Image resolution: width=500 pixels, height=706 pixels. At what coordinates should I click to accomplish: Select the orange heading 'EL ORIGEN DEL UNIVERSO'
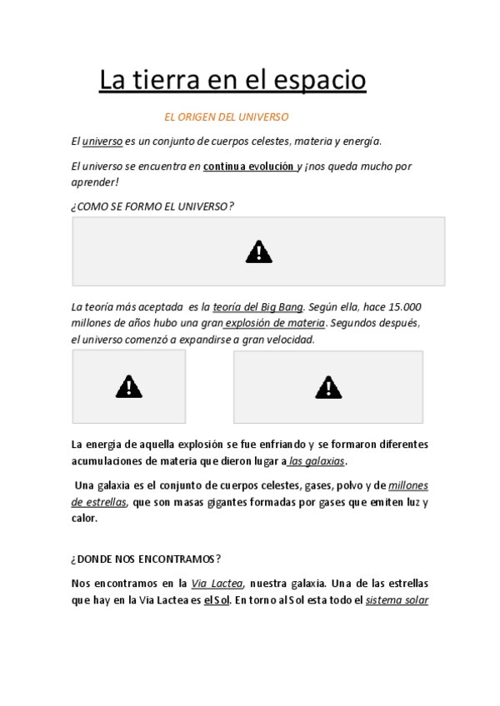[227, 117]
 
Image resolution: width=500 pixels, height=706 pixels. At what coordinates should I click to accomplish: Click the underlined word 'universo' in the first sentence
[102, 141]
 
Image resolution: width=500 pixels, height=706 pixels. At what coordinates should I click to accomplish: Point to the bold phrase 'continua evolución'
[248, 166]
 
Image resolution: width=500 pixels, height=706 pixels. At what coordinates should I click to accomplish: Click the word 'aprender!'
[95, 181]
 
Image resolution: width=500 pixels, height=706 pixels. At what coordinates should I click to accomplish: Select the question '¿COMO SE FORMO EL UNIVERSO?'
[152, 206]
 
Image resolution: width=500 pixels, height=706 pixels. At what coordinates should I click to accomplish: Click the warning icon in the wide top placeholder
[258, 251]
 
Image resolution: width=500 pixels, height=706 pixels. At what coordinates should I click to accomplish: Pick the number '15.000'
[403, 306]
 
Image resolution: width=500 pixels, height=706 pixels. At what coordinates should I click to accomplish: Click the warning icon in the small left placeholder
[129, 386]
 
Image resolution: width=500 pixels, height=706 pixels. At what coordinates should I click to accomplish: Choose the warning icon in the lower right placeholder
[328, 387]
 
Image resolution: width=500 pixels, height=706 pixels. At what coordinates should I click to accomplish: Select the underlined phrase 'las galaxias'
[317, 460]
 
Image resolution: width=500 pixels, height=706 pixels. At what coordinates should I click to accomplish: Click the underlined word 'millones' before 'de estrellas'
[408, 485]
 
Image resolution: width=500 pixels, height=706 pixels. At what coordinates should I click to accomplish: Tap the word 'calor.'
[84, 518]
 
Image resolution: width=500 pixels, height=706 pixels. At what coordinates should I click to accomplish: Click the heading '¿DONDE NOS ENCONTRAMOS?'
[146, 559]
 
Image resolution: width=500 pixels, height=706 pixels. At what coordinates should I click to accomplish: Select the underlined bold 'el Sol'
[217, 599]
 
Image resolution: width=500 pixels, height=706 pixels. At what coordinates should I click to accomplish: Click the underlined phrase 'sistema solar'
[397, 599]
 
